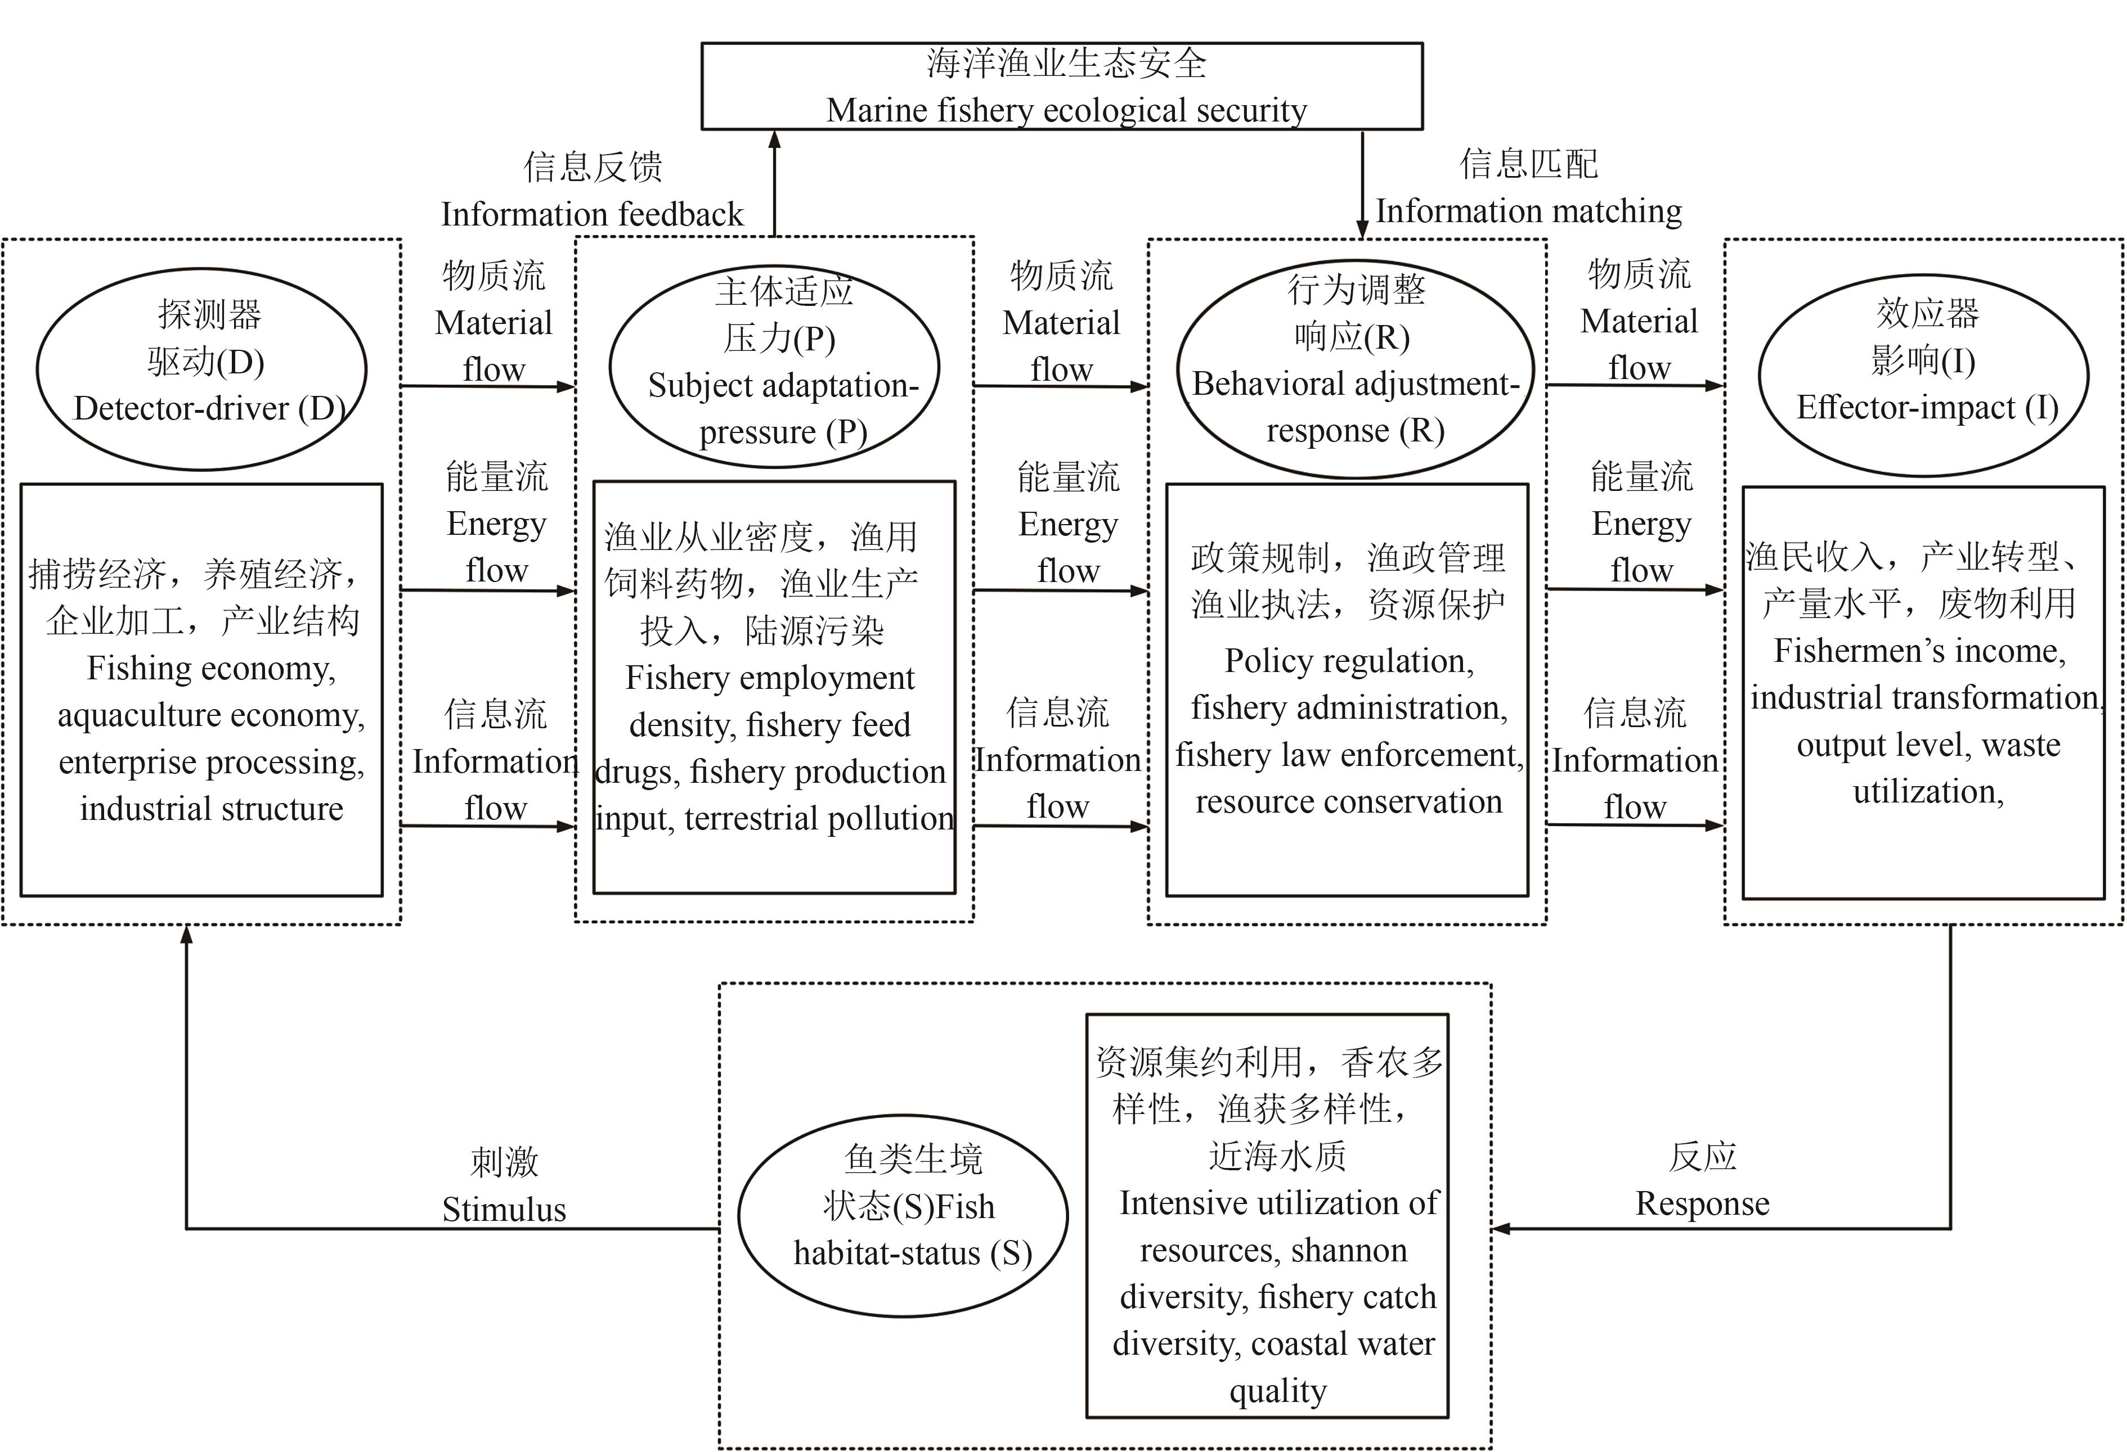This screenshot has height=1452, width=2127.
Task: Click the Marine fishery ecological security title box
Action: (1062, 86)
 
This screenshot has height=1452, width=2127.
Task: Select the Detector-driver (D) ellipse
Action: (201, 369)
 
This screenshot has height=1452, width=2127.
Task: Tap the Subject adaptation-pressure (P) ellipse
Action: (774, 366)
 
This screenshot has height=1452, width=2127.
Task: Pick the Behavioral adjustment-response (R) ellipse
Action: (1354, 369)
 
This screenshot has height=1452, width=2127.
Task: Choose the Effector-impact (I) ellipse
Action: (1924, 375)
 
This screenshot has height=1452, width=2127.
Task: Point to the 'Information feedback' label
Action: (592, 214)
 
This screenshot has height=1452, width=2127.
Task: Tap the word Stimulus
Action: (504, 1210)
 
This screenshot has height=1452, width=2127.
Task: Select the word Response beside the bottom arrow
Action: (1702, 1203)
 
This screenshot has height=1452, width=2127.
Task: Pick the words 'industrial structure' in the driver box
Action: (212, 808)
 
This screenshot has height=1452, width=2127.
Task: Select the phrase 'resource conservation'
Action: (1349, 801)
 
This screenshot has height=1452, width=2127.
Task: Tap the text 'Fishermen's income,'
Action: (1920, 651)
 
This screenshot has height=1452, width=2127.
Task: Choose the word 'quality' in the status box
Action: (1278, 1391)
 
